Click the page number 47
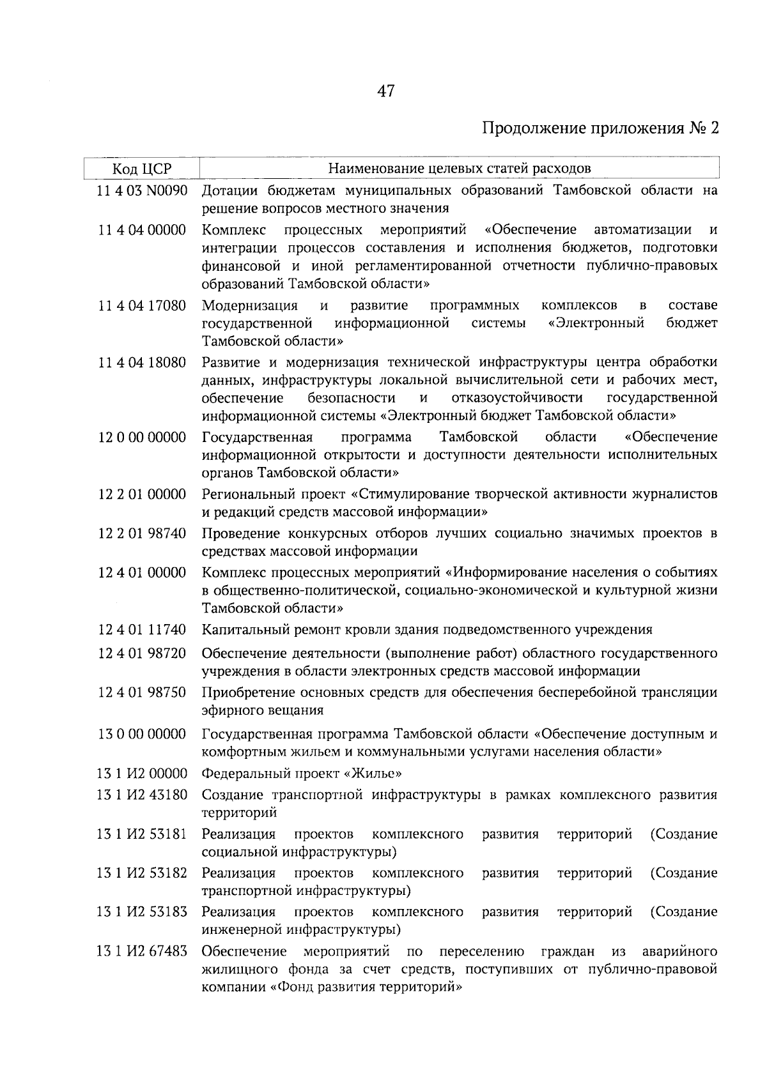point(385,91)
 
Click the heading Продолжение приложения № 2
point(600,128)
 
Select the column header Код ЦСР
point(142,169)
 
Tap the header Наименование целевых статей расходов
point(459,169)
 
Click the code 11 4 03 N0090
point(142,190)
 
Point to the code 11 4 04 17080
point(142,305)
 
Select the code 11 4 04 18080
point(142,363)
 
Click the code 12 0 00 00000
point(142,437)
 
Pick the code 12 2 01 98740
point(142,533)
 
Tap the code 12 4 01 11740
point(142,630)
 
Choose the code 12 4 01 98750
point(142,692)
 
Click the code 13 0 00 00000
point(142,734)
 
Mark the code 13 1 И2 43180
point(142,795)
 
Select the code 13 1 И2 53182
point(142,873)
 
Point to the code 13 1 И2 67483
point(142,951)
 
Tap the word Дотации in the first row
point(231,190)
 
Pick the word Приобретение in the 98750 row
point(245,692)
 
